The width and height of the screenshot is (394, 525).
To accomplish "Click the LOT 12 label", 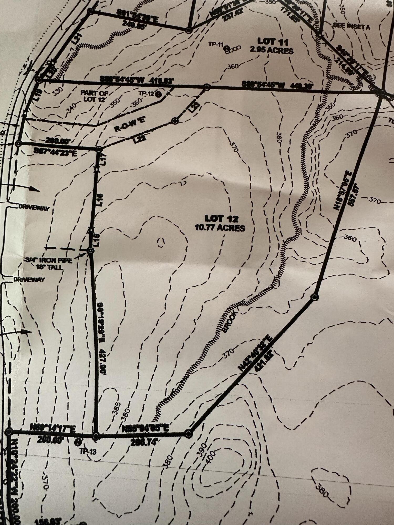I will [x=221, y=218].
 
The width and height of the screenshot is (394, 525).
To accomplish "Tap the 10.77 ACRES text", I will [x=220, y=228].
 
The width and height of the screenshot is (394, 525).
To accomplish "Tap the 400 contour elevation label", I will [x=211, y=457].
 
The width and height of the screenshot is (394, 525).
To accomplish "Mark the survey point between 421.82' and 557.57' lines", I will [x=314, y=297].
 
